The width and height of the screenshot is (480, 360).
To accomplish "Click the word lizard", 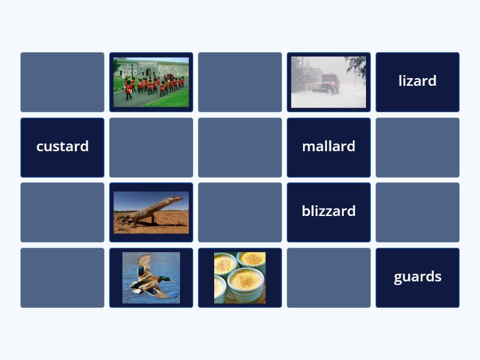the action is point(417,81).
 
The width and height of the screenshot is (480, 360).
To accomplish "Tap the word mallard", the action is point(328,146).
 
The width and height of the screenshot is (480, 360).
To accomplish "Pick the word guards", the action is point(418,277).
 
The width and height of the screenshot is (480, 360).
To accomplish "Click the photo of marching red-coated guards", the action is point(151,82).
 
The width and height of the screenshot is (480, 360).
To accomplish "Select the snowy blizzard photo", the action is point(328,82).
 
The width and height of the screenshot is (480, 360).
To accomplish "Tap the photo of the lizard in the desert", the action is point(151,212).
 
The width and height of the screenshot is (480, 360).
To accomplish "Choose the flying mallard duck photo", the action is point(151,278).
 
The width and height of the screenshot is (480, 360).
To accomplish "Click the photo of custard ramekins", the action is point(240,278).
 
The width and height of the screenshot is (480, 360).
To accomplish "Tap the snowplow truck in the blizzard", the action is point(328,83).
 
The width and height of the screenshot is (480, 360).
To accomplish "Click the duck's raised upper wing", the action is point(144,264).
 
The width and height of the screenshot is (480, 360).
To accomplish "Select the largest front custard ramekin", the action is point(246,284).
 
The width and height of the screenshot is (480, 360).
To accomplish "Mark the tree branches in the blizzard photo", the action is point(356,67).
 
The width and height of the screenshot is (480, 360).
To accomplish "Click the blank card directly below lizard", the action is point(418,148).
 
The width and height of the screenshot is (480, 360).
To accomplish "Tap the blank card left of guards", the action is point(329,278).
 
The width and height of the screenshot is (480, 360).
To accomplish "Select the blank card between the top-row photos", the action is point(240,82).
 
